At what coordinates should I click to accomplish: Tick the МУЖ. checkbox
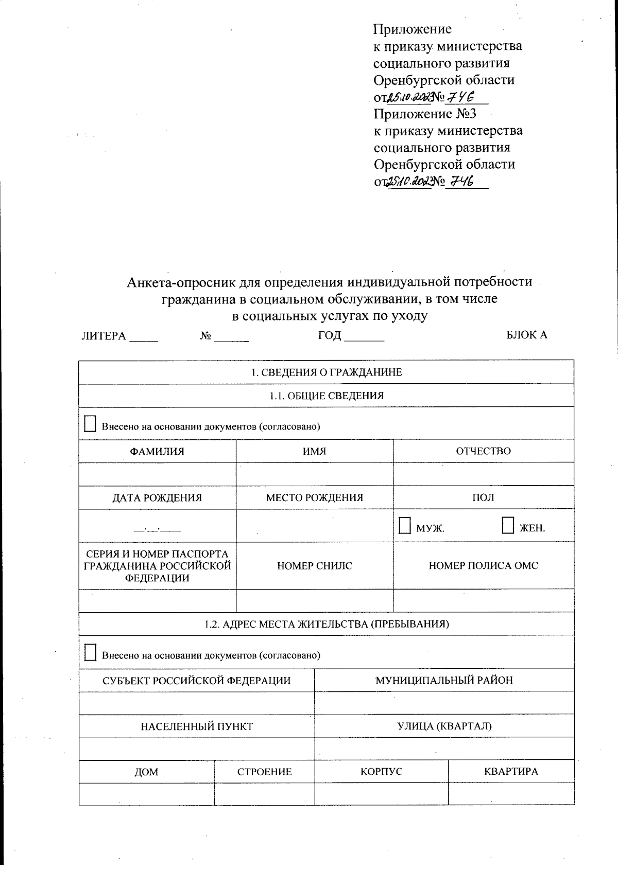(x=404, y=526)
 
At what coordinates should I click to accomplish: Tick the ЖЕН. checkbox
(x=507, y=526)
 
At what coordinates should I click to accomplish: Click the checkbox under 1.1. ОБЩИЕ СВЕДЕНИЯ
(x=90, y=424)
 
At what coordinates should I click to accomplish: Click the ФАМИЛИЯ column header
(x=157, y=451)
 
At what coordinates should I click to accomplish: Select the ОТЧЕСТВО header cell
(x=483, y=451)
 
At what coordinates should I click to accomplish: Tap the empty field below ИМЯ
(x=314, y=474)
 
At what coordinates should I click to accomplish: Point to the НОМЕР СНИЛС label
(x=314, y=565)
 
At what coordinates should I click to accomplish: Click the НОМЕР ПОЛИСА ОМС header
(x=483, y=565)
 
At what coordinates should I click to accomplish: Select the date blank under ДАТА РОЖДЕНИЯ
(x=157, y=528)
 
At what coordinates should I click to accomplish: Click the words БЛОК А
(x=526, y=335)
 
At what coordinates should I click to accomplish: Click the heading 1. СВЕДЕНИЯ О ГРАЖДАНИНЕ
(x=326, y=372)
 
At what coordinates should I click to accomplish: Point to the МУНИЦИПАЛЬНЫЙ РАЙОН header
(x=444, y=680)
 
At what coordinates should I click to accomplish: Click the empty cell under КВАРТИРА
(x=511, y=793)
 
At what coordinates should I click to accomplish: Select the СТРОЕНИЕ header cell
(x=264, y=772)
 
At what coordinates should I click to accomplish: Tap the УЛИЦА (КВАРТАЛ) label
(x=444, y=726)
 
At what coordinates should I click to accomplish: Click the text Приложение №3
(x=425, y=114)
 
